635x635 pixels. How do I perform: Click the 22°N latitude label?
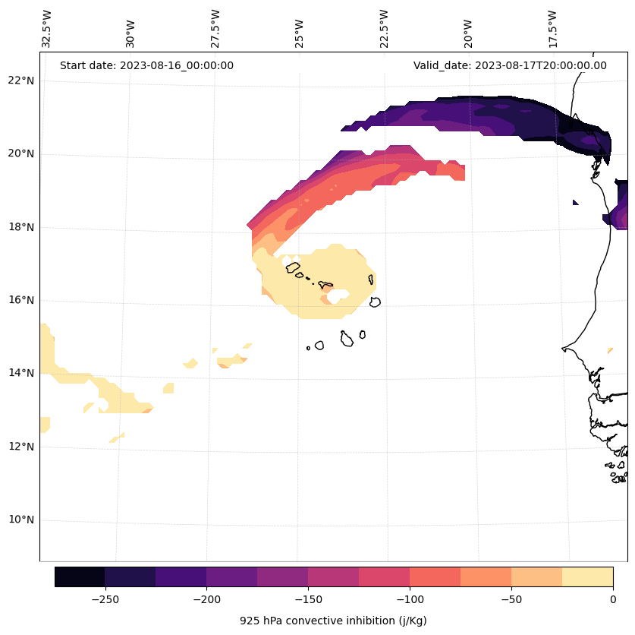pos(20,81)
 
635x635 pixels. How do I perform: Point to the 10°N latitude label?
pos(20,520)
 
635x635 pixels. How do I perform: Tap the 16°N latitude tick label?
pos(20,300)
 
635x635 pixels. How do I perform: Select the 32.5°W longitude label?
pos(48,29)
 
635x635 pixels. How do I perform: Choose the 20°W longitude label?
pos(468,29)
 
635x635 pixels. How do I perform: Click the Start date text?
pos(146,65)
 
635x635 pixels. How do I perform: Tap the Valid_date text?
pos(510,65)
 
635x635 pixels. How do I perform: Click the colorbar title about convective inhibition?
pos(333,621)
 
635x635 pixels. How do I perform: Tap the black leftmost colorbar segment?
pos(80,577)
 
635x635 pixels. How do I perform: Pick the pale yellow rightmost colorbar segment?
pos(587,577)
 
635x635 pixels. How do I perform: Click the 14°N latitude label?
pos(20,373)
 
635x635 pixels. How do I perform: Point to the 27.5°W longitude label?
pos(216,29)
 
